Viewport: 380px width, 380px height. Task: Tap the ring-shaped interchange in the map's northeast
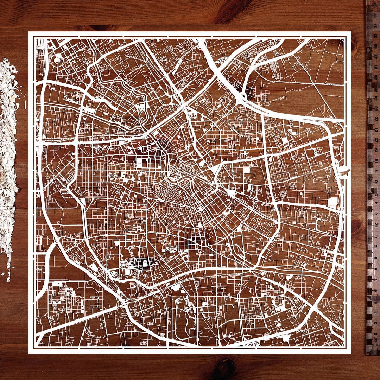[x=243, y=95]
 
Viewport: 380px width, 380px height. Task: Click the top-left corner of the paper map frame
[x=29, y=32]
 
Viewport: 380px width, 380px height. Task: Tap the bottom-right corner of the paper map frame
[x=351, y=353]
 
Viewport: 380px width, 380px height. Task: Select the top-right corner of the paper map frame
[x=351, y=32]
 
